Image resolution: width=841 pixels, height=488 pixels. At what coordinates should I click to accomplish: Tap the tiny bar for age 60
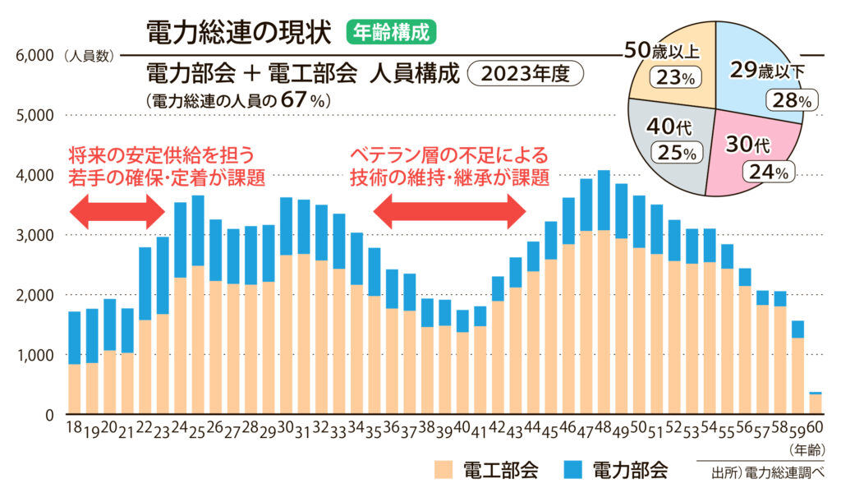pos(815,403)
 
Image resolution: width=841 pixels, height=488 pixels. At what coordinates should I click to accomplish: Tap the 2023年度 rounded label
pos(526,73)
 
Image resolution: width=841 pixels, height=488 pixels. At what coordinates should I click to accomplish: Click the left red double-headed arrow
pos(118,214)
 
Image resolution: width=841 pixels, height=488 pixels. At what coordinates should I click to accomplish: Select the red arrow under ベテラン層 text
pos(449,214)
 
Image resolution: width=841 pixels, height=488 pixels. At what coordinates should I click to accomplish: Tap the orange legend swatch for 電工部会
pos(443,470)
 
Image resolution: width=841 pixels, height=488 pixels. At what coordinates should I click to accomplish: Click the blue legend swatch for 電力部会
pos(572,470)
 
